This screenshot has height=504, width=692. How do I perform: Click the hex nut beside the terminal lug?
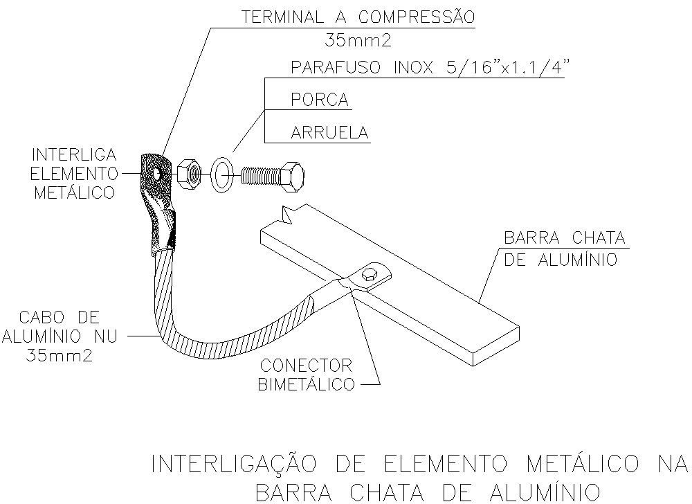pos(190,174)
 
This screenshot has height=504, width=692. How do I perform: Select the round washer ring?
pos(222,174)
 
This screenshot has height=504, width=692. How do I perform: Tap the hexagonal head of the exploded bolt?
pos(292,177)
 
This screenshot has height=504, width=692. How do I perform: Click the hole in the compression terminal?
pos(156,173)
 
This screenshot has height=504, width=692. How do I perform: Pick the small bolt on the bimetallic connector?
pos(369,274)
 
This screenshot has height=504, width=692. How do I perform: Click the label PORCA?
pos(320,100)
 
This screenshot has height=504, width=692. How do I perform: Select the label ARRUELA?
pos(329,132)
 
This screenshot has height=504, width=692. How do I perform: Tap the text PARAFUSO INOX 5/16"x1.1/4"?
pos(428,68)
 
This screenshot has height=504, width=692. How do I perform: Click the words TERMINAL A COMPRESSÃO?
pos(358,17)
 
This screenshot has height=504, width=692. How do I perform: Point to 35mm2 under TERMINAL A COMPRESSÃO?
pos(358,41)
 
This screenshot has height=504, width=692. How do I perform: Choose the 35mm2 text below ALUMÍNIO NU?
pos(60,355)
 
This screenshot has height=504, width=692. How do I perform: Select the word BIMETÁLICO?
pos(307,384)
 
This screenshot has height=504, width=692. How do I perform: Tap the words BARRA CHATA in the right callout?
pos(565,238)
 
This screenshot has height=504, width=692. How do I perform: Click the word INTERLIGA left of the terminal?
pos(75,155)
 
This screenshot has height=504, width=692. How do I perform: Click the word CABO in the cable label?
pos(38,317)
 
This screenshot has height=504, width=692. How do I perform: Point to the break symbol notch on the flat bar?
pos(287,215)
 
